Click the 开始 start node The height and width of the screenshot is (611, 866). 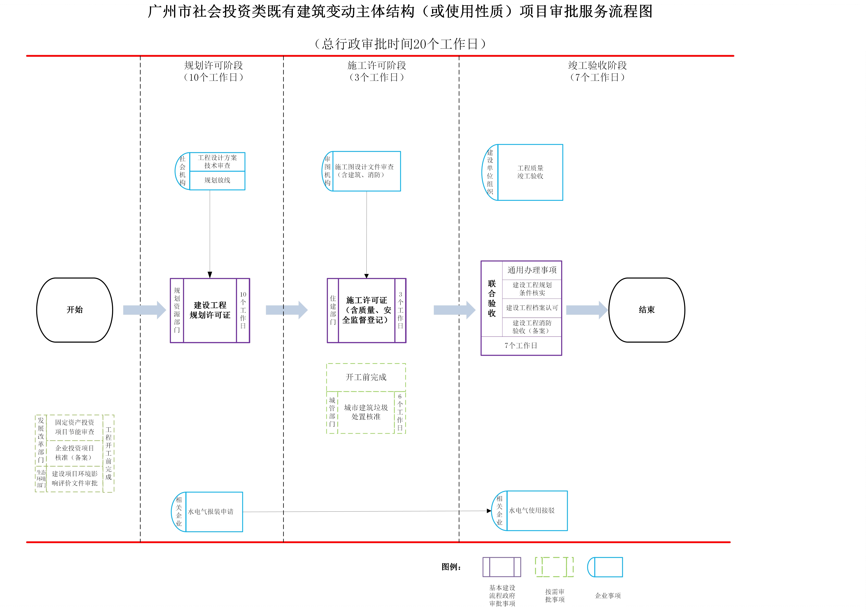[75, 310]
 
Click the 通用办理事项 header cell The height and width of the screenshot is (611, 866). [532, 270]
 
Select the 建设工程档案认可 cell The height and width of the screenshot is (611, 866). [532, 308]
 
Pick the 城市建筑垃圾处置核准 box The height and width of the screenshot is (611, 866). [366, 412]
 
